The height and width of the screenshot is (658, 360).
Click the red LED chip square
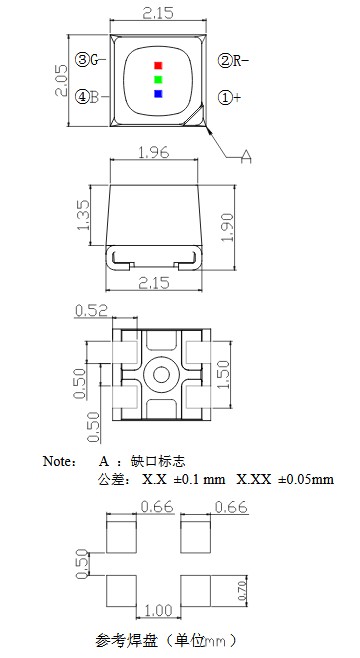coord(157,66)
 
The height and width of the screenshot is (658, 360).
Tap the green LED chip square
coord(157,79)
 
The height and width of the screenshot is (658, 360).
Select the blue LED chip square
coord(157,94)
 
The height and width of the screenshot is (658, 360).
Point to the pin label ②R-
coord(233,61)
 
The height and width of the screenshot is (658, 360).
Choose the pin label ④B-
coord(87,97)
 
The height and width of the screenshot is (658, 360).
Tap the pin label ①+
coord(230,97)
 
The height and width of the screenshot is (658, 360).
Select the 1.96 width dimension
coord(155,154)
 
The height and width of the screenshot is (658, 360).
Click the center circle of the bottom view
coord(157,376)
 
